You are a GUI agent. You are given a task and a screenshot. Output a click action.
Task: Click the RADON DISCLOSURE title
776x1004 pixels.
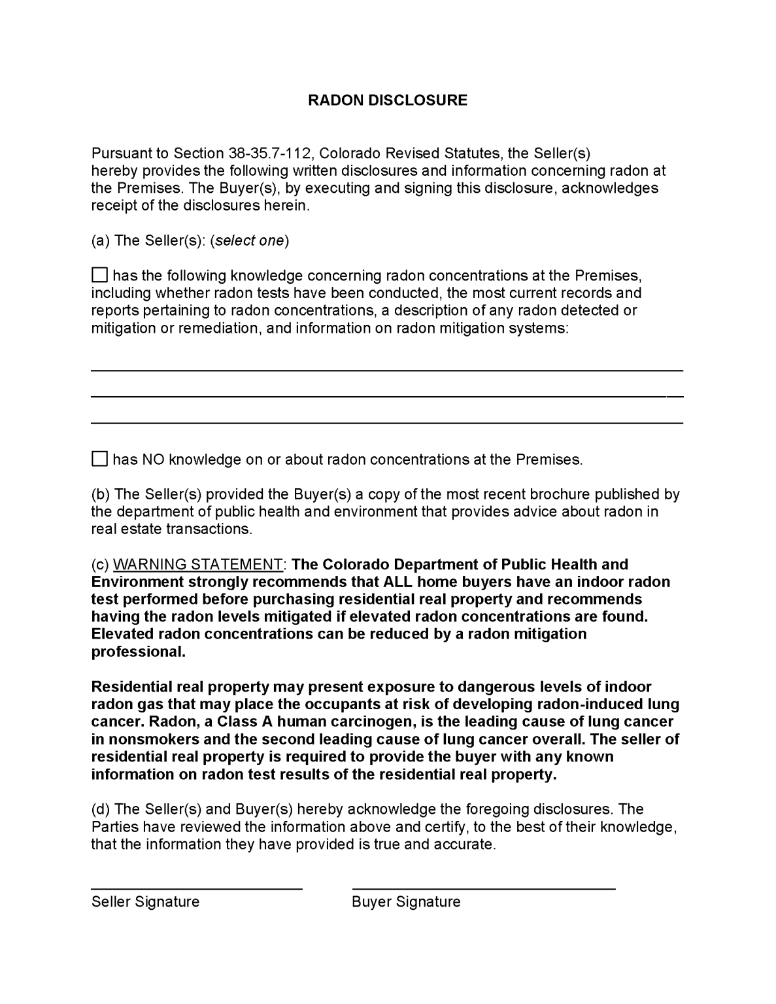pyautogui.click(x=388, y=100)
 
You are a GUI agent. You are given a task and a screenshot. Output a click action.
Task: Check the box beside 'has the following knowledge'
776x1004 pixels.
pyautogui.click(x=99, y=275)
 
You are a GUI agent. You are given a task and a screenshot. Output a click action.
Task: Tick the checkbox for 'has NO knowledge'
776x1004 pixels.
pyautogui.click(x=99, y=459)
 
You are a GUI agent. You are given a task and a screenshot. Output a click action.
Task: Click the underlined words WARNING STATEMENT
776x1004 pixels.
pyautogui.click(x=198, y=564)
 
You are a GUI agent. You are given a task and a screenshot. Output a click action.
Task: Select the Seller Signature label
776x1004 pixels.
pyautogui.click(x=145, y=902)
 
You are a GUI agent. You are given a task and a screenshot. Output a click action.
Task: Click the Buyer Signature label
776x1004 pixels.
pyautogui.click(x=406, y=902)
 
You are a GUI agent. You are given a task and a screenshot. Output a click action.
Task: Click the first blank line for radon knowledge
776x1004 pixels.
pyautogui.click(x=386, y=370)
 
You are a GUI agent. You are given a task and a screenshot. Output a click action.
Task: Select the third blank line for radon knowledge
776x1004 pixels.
pyautogui.click(x=386, y=423)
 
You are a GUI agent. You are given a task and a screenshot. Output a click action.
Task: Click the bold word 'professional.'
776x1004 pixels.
pyautogui.click(x=139, y=652)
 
